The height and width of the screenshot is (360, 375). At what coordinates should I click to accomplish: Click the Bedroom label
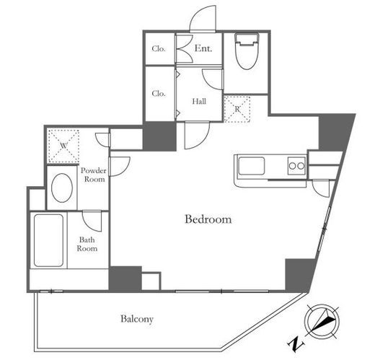208,219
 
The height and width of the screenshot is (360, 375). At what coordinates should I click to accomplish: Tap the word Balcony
137,319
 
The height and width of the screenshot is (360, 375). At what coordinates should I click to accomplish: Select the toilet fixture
247,51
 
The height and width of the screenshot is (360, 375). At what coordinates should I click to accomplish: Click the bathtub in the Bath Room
48,240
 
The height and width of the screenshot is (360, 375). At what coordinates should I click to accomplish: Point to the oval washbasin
62,188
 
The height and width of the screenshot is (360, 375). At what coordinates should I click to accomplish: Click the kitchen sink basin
252,166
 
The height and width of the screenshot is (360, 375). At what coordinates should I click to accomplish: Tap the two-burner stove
296,165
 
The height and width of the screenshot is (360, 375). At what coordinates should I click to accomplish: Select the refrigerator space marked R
237,109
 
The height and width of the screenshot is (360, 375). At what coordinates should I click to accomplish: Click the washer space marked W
63,146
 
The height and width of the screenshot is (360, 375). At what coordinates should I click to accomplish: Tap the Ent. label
203,48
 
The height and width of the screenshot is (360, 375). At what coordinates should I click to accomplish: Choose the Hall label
199,101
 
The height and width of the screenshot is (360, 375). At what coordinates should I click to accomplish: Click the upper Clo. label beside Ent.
159,49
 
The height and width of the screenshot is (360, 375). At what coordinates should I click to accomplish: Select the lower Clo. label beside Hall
159,93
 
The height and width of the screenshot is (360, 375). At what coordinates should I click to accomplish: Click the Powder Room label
94,175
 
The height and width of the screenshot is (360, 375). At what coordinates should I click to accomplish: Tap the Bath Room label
87,244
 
